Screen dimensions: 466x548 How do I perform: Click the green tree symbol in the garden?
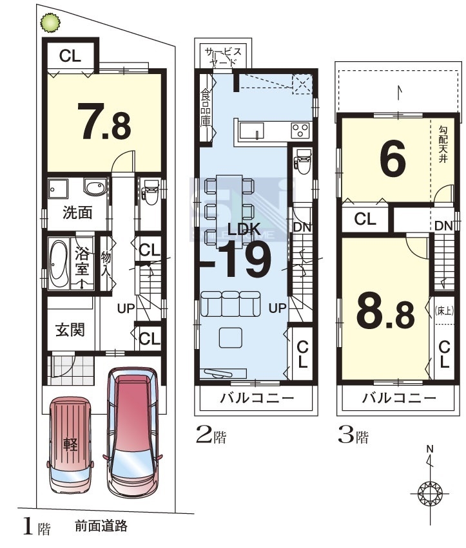click(x=50, y=23)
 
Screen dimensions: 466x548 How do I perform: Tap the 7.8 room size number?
click(x=104, y=121)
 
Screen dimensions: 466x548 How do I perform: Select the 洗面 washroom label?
click(x=77, y=212)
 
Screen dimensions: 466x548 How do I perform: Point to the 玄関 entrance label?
click(x=70, y=329)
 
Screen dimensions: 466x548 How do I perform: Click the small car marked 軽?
click(x=70, y=445)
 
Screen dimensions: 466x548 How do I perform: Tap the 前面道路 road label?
click(x=101, y=526)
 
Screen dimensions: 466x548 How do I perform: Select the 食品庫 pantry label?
click(x=206, y=108)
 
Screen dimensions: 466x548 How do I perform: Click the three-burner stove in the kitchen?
click(x=300, y=131)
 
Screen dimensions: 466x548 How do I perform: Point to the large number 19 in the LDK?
click(x=245, y=260)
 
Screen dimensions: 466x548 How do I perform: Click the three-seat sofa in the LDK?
click(x=230, y=303)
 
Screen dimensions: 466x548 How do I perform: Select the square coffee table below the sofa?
click(x=231, y=337)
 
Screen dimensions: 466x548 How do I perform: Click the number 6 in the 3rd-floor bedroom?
click(x=393, y=158)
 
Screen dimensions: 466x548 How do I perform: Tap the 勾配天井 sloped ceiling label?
click(x=443, y=144)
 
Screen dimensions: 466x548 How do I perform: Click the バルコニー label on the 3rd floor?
click(x=399, y=398)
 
